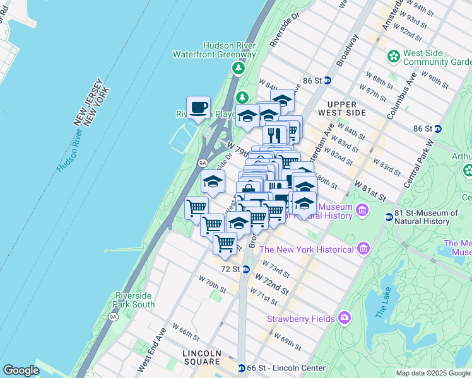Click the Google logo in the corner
point(21,370)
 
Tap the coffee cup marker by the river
point(198,107)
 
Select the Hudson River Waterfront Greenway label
point(215,50)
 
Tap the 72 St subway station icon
point(246,269)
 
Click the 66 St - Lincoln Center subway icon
point(241,368)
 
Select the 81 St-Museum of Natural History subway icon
point(389,217)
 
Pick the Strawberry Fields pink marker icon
point(344,317)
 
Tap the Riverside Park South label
point(135,300)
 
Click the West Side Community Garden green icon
point(394,56)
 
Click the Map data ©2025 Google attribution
point(432,373)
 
